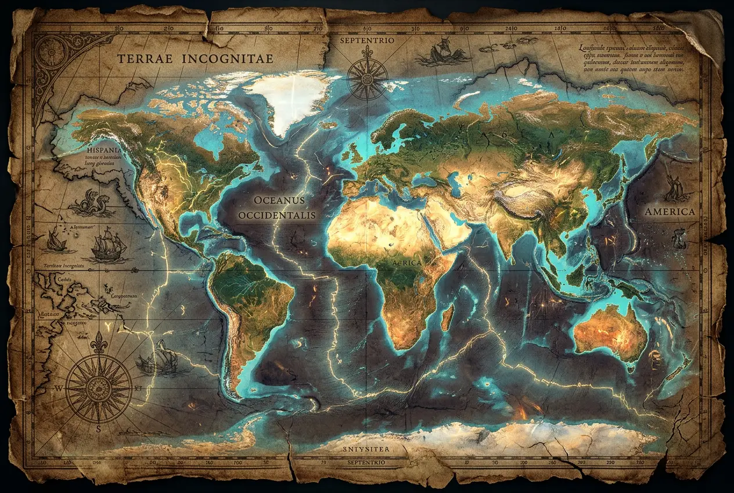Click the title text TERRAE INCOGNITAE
(x=196, y=59)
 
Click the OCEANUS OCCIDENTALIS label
(x=276, y=208)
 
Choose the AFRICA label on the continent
(x=408, y=263)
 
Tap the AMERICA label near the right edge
(x=670, y=212)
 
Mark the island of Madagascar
(x=447, y=317)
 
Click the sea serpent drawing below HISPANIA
(x=93, y=203)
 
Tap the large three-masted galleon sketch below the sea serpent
(x=109, y=244)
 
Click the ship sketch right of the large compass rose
(x=156, y=359)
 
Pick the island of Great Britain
(x=352, y=153)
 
